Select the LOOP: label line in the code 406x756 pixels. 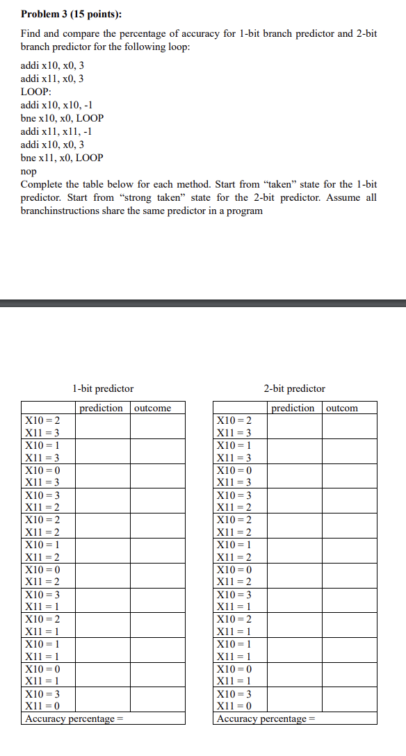pos(36,92)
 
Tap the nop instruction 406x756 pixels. pos(29,171)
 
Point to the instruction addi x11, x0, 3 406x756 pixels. pos(52,79)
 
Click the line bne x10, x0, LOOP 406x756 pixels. pos(62,118)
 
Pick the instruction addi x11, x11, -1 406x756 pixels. pos(56,131)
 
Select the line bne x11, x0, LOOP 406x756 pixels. pos(62,158)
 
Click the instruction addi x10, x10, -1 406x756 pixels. pos(56,105)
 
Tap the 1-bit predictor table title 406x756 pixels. pos(103,388)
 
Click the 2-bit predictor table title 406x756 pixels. pos(294,388)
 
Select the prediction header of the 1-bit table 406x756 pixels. pos(101,408)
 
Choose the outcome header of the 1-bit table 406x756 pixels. pos(152,408)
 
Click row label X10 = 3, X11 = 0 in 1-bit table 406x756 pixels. pos(42,700)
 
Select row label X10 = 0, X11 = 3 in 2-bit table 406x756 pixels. pos(234,476)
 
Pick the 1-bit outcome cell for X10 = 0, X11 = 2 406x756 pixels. pos(158,575)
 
